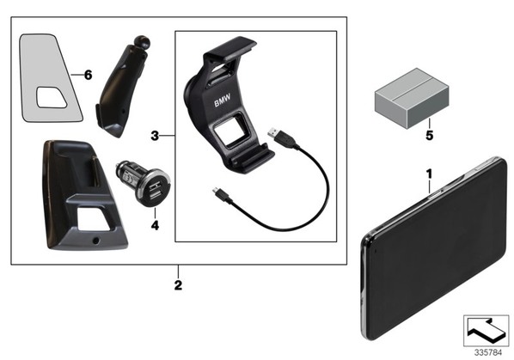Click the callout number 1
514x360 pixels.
point(429,174)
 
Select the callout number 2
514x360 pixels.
point(178,285)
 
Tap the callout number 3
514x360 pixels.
point(155,135)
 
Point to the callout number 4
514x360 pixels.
point(155,225)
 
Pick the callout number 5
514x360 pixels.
point(429,135)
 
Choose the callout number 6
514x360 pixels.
point(89,75)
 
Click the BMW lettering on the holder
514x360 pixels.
point(223,101)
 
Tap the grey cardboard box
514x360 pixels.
point(412,98)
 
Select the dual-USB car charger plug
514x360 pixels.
point(143,183)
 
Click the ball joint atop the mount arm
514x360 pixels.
point(143,41)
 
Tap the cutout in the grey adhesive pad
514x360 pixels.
point(52,98)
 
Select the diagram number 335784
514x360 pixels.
point(488,353)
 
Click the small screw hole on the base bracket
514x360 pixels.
point(95,241)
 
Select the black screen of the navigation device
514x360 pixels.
point(436,249)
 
